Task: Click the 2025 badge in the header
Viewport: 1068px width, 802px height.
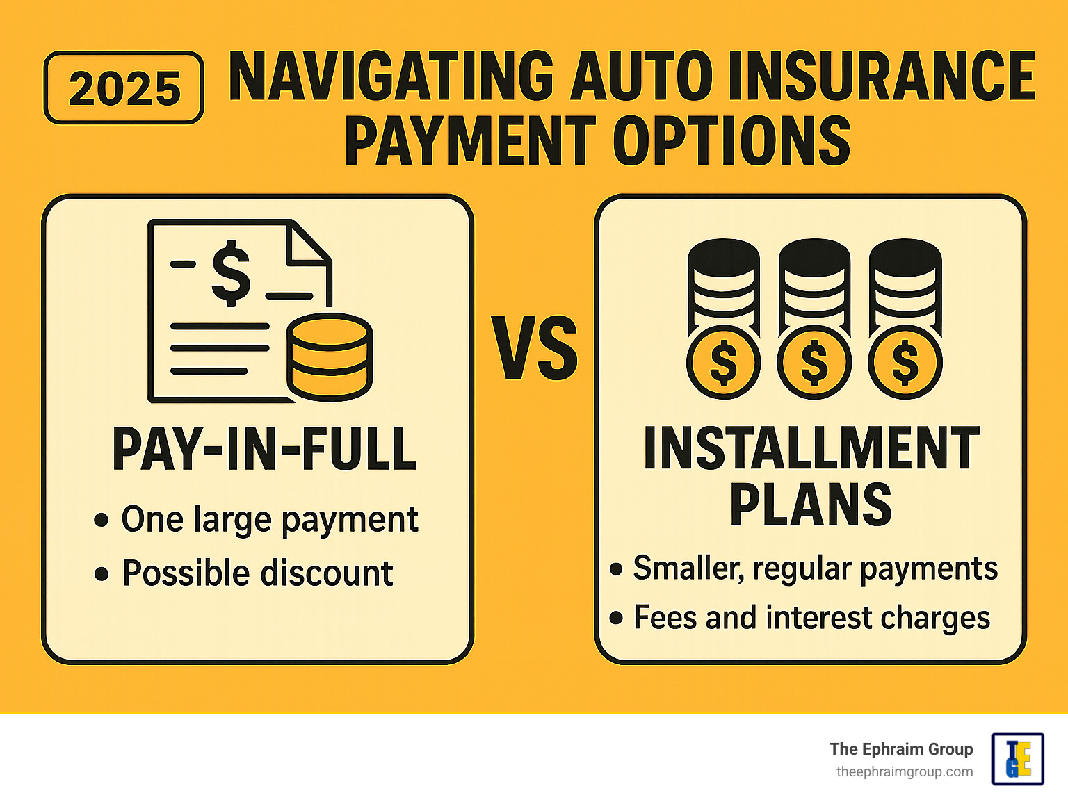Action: tap(124, 88)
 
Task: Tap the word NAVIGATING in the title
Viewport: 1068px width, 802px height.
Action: tap(391, 76)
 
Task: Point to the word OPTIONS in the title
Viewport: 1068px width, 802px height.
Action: tap(731, 140)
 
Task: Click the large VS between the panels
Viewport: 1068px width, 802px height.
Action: tap(534, 347)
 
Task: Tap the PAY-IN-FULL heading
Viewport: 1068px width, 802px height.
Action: tap(264, 449)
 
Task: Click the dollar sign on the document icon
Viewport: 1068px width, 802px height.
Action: tap(231, 274)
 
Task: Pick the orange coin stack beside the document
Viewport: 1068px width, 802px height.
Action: tap(330, 357)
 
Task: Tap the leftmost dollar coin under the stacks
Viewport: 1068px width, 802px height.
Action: tap(724, 362)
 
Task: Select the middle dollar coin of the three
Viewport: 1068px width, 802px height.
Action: tap(814, 362)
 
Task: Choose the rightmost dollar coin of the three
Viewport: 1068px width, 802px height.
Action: tap(905, 362)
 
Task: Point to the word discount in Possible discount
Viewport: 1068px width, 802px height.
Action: tap(327, 573)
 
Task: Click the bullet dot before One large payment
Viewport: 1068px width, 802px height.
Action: tap(101, 520)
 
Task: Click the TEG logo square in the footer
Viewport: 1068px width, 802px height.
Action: tap(1018, 759)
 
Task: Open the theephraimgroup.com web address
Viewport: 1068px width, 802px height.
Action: tap(905, 772)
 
